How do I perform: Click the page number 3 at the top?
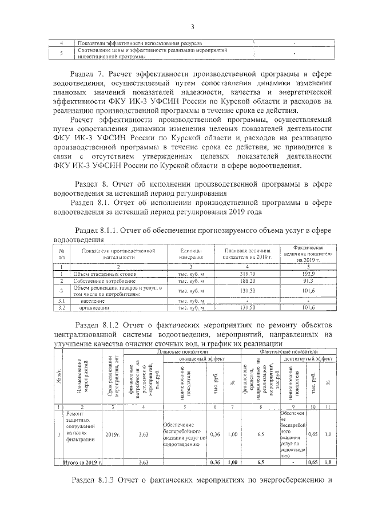pos(193,26)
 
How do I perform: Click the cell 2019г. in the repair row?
pos(113,434)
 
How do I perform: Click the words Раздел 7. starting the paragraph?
pos(88,75)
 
